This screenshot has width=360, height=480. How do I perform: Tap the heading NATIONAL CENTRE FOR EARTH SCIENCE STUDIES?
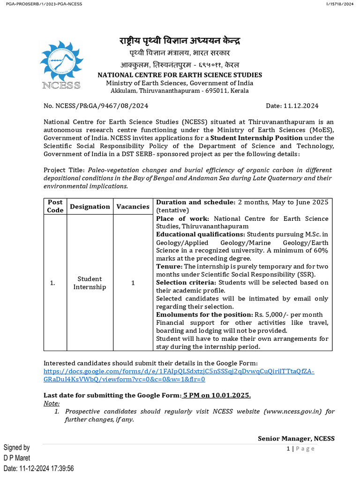pos(180,75)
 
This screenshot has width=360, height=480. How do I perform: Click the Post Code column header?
pos(55,206)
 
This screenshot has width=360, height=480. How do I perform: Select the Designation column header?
pos(90,206)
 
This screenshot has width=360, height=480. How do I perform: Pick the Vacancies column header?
pos(133,206)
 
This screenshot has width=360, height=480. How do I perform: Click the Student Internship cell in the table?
pos(90,283)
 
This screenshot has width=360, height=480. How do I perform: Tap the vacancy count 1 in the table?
pos(133,283)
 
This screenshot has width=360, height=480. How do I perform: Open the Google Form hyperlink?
pos(179,375)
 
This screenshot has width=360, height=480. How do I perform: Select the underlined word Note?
pos(52,403)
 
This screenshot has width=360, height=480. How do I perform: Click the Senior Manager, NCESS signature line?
pos(296,438)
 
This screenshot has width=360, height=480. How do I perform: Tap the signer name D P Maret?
pos(17,458)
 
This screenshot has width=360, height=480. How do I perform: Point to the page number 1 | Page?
pos(300,449)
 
